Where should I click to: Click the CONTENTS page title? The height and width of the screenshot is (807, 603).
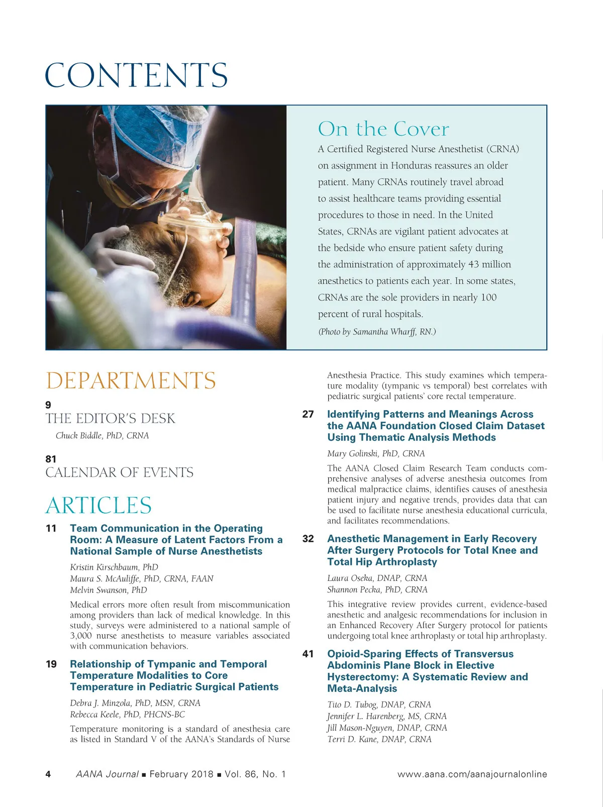pyautogui.click(x=136, y=75)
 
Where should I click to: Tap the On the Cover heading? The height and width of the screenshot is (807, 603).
pyautogui.click(x=383, y=129)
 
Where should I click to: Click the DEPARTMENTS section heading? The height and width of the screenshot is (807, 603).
pyautogui.click(x=131, y=381)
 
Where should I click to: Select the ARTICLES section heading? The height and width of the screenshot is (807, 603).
pyautogui.click(x=98, y=506)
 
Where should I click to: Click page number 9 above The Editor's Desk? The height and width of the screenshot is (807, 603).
pyautogui.click(x=48, y=405)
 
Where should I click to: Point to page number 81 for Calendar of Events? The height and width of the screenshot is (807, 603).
pyautogui.click(x=51, y=459)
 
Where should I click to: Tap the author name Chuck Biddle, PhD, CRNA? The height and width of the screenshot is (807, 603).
pyautogui.click(x=102, y=436)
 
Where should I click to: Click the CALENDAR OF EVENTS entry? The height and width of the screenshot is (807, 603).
pyautogui.click(x=119, y=473)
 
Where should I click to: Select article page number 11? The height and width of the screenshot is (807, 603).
pyautogui.click(x=51, y=529)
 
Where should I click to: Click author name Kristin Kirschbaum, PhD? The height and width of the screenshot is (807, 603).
pyautogui.click(x=114, y=567)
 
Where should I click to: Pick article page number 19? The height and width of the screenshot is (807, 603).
pyautogui.click(x=51, y=664)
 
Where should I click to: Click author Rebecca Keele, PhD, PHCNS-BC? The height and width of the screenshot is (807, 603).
pyautogui.click(x=127, y=715)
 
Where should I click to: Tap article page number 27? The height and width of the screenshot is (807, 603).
pyautogui.click(x=308, y=415)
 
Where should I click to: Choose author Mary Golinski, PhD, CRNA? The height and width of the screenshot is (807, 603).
pyautogui.click(x=376, y=454)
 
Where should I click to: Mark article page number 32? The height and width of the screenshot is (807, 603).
pyautogui.click(x=308, y=539)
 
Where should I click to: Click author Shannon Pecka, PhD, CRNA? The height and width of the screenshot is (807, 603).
pyautogui.click(x=377, y=590)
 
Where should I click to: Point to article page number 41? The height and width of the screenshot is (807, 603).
pyautogui.click(x=308, y=654)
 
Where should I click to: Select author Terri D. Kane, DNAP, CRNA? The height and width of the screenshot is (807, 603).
pyautogui.click(x=379, y=740)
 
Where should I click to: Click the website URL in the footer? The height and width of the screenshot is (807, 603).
pyautogui.click(x=472, y=774)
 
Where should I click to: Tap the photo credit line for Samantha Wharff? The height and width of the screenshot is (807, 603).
pyautogui.click(x=377, y=332)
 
